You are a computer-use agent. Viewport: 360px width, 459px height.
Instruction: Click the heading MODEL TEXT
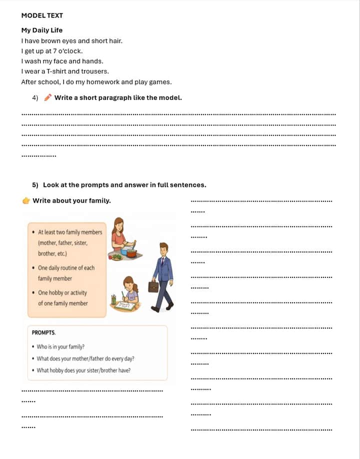point(42,15)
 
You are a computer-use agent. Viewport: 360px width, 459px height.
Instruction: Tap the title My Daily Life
point(41,30)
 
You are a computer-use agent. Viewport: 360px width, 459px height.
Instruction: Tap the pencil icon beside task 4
point(47,97)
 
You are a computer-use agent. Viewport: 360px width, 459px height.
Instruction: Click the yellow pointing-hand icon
point(26,201)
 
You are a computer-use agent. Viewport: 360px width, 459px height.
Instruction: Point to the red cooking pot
point(131,252)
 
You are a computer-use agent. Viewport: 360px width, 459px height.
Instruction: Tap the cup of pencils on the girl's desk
point(114,299)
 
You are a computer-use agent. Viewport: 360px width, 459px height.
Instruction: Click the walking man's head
point(163,248)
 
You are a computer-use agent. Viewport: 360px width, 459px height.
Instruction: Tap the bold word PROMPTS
point(44,332)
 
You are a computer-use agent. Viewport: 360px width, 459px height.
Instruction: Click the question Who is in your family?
point(60,346)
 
